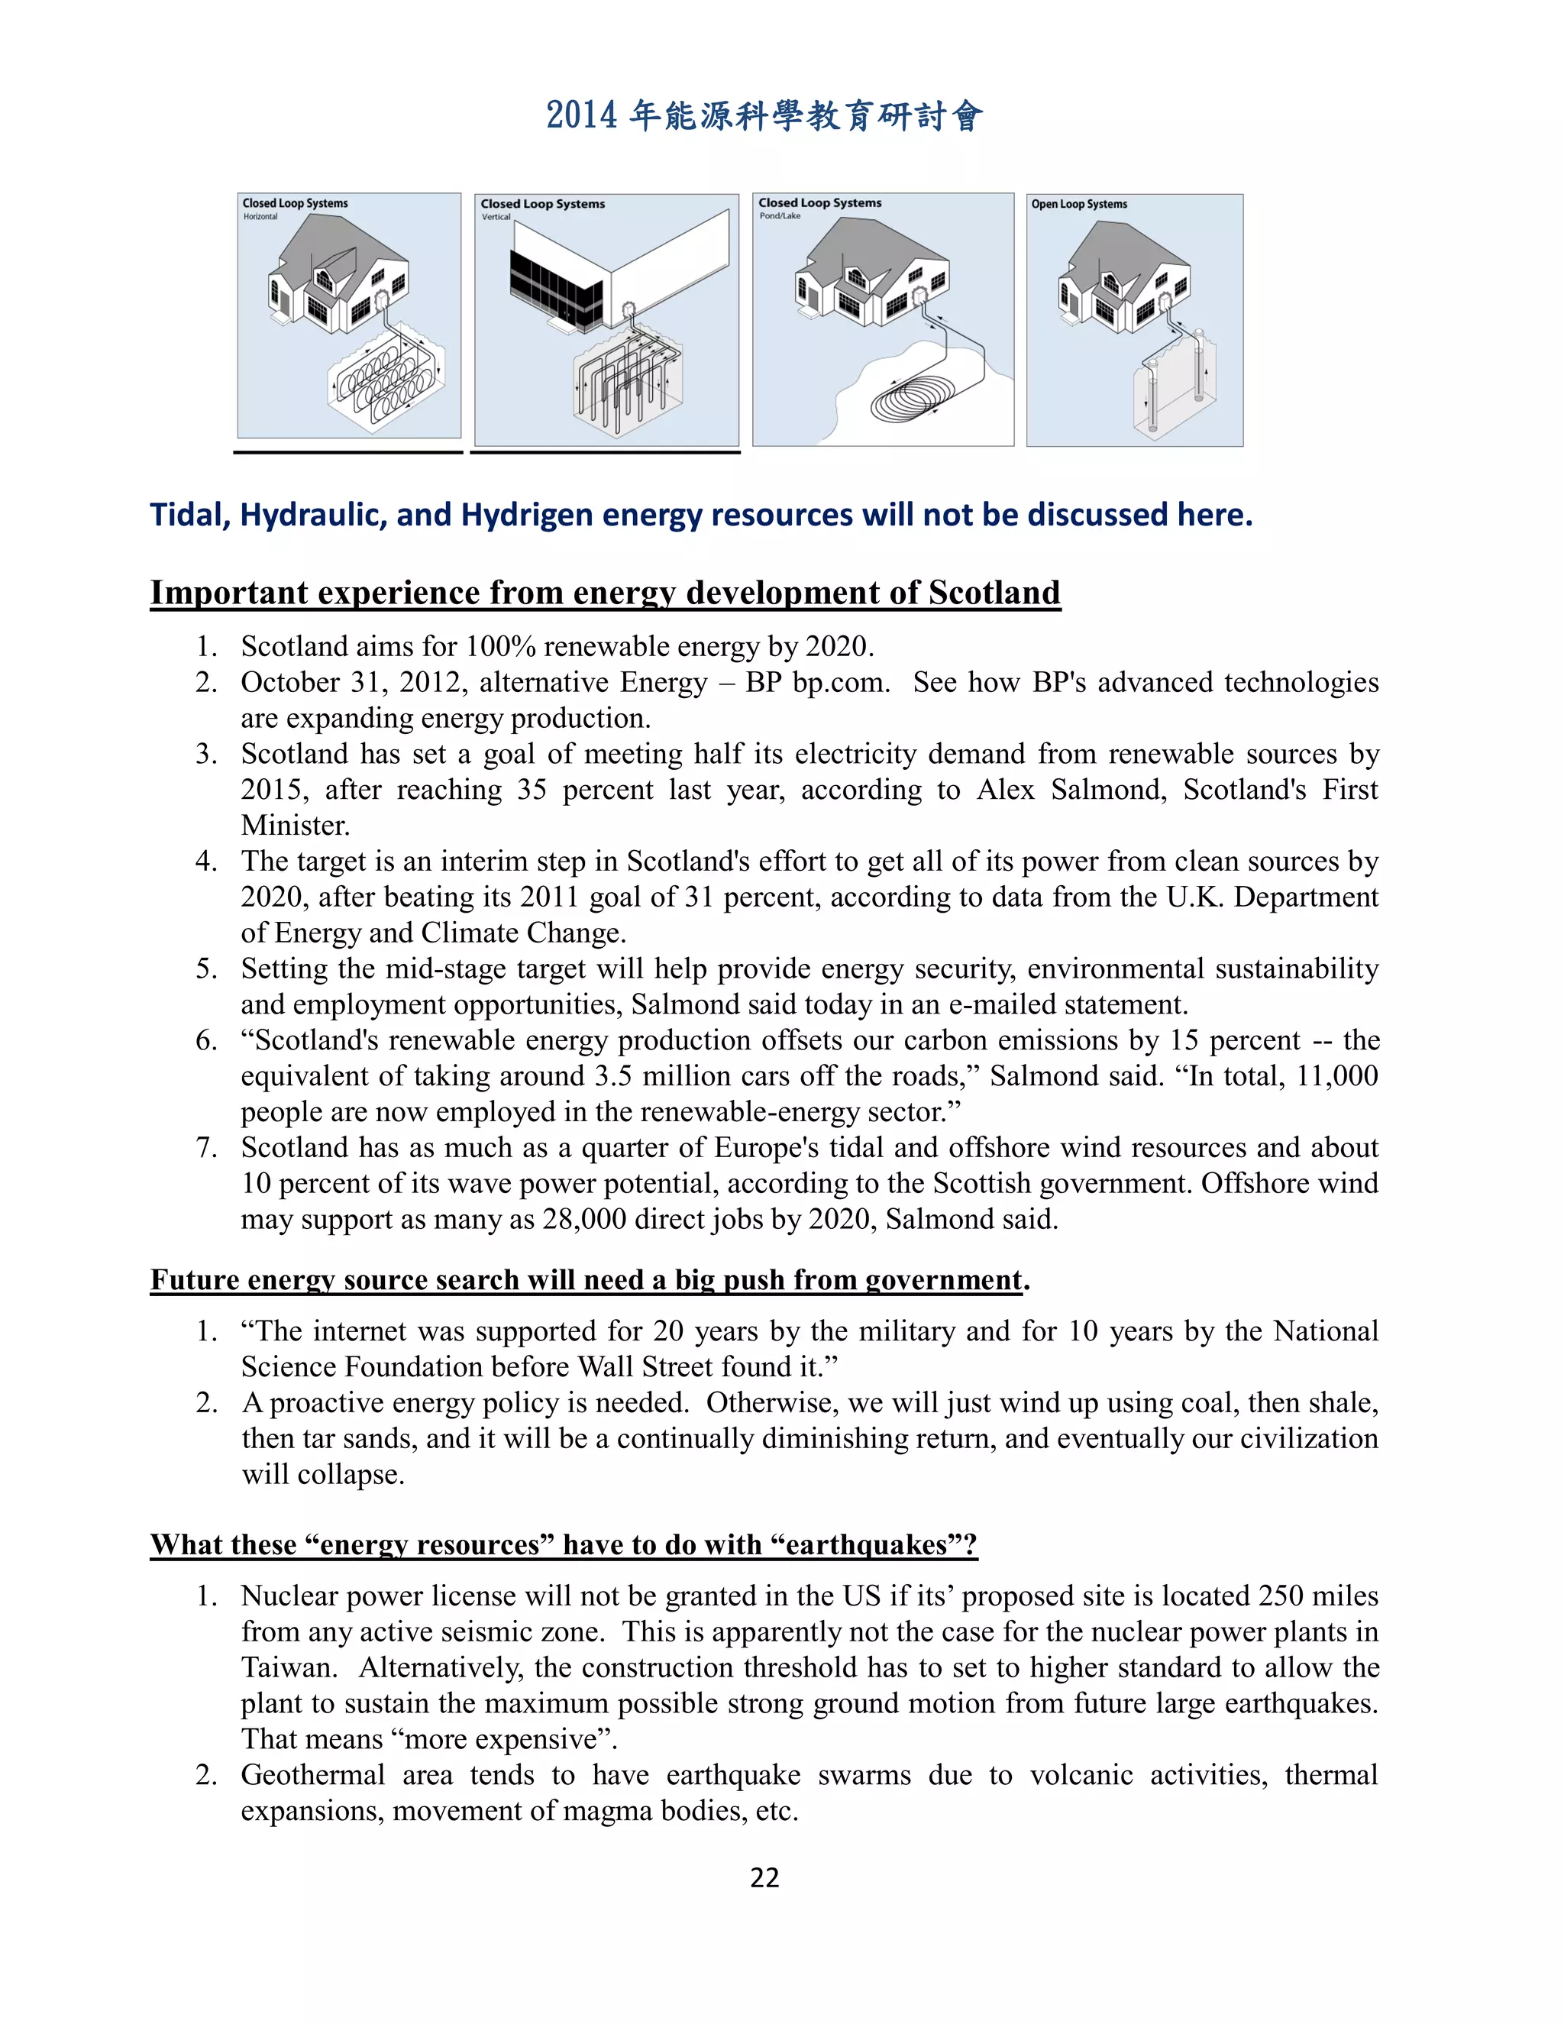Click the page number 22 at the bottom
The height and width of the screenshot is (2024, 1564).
coord(764,1877)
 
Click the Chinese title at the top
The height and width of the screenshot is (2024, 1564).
coord(764,116)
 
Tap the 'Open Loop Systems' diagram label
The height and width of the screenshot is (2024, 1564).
coord(1079,204)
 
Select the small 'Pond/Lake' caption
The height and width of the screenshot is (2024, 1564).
coord(780,216)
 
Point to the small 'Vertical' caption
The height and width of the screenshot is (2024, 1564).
coord(496,217)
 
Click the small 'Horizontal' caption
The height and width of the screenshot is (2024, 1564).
coord(260,217)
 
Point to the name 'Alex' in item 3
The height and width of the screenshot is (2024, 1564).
coord(1005,790)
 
